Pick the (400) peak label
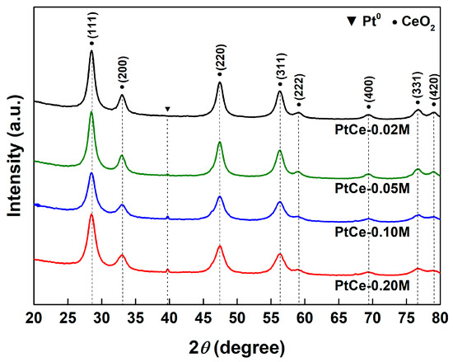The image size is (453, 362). (x=369, y=92)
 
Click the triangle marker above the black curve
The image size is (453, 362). (x=167, y=109)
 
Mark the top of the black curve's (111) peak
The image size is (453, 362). (x=91, y=51)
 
